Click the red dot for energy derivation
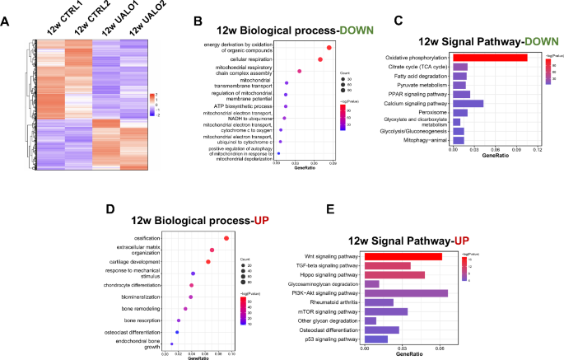pos(329,47)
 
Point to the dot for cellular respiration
pos(320,59)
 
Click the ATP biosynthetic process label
pos(244,107)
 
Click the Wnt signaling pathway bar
pos(403,257)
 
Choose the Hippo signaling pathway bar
pos(394,274)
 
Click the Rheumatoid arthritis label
pos(334,302)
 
